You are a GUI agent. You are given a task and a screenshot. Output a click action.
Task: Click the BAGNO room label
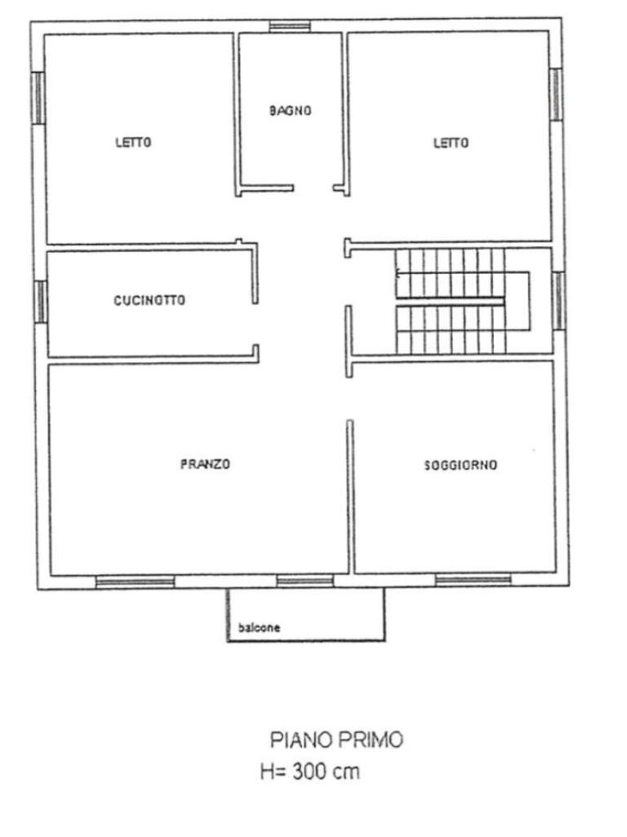(x=290, y=110)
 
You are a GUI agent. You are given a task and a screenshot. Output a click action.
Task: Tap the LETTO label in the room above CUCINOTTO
(x=133, y=142)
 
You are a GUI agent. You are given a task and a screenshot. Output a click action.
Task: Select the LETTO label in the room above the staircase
(x=451, y=143)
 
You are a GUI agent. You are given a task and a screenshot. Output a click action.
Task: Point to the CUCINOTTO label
(x=149, y=300)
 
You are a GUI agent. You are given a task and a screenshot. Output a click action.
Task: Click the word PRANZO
(x=205, y=464)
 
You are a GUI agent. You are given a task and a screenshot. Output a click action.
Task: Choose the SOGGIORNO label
(x=460, y=465)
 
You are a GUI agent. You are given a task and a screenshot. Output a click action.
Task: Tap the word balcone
(x=260, y=628)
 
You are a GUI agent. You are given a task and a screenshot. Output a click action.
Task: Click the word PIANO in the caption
(x=298, y=741)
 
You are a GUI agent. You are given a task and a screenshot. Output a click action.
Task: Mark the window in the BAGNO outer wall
(x=290, y=26)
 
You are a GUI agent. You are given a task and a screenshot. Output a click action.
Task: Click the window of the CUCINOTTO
(x=39, y=301)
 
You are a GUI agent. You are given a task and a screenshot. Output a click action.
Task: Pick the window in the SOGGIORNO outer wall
(x=473, y=580)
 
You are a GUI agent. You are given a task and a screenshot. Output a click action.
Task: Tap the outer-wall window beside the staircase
(x=558, y=300)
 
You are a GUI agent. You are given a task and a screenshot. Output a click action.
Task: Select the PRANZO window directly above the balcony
(x=305, y=581)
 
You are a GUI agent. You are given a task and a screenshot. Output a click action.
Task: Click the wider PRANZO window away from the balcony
(x=135, y=582)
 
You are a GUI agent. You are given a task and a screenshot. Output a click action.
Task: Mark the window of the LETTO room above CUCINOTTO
(x=38, y=98)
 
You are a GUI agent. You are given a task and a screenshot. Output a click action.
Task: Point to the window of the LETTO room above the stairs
(x=555, y=94)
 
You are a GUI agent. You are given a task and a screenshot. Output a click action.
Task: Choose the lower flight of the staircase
(x=450, y=329)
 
